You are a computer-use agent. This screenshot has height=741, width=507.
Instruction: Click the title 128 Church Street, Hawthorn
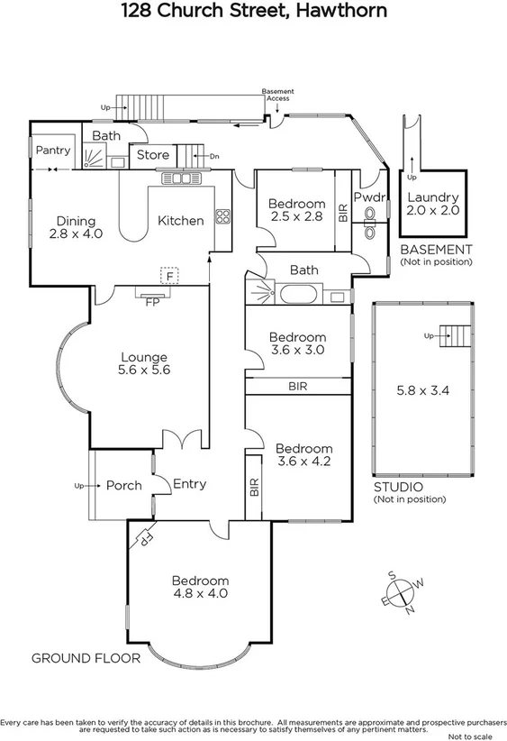tap(254, 12)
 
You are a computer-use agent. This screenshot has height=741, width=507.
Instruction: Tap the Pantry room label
tap(53, 151)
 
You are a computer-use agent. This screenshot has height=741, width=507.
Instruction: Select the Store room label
tap(152, 155)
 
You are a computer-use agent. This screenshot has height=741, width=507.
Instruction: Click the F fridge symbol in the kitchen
tap(166, 272)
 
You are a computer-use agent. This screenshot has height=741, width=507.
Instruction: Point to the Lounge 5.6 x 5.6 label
tap(144, 363)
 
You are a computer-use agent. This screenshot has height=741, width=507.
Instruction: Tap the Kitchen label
tap(180, 221)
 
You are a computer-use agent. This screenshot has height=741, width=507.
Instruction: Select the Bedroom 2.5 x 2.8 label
tap(296, 210)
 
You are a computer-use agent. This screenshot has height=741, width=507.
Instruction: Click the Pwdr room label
tap(369, 197)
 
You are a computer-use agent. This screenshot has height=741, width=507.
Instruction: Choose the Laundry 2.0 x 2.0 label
tap(433, 203)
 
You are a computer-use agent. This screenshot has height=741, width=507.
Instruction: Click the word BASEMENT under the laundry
tap(435, 250)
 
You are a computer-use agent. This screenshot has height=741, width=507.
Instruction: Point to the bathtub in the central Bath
tap(296, 294)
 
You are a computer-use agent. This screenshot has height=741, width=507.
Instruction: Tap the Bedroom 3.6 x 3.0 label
tap(297, 343)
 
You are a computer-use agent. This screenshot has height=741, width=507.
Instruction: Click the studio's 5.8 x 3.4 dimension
tap(422, 392)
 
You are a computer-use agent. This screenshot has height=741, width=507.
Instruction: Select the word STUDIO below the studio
tap(398, 488)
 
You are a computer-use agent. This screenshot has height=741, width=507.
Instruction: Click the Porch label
tap(123, 485)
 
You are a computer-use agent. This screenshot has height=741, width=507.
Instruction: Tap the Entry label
tap(189, 484)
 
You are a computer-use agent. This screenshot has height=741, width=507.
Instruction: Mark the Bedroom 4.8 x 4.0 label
tap(200, 587)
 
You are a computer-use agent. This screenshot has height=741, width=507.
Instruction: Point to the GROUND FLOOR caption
tap(86, 658)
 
